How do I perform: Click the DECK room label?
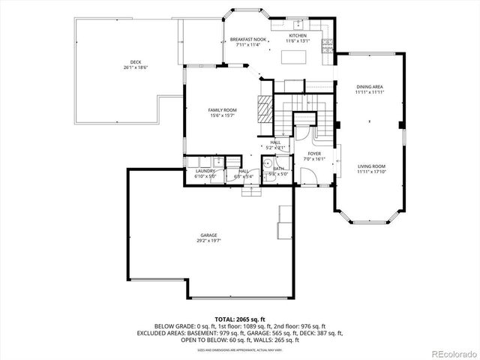coord(135,61)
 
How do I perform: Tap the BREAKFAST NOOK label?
coord(248,39)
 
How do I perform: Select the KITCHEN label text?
coord(298,35)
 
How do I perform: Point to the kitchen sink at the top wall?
coord(298,23)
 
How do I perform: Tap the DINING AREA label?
coord(370,87)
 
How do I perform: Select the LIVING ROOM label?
coord(370,166)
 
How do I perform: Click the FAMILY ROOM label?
coord(222,110)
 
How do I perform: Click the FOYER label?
coord(313,153)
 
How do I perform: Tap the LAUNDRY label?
coord(205,171)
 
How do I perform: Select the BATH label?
coord(278,169)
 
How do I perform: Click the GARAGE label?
coord(208,235)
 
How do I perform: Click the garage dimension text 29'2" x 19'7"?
coord(208,241)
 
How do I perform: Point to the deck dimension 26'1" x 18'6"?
coord(135,67)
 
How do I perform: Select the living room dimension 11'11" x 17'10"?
coord(370,172)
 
